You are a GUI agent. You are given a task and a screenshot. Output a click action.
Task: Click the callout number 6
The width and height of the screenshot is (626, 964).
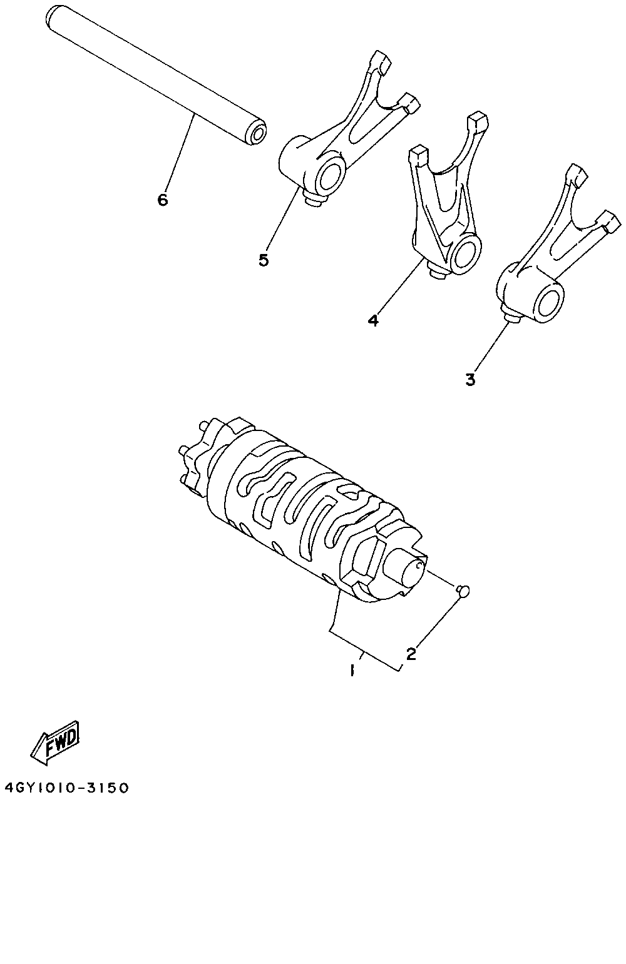click(163, 200)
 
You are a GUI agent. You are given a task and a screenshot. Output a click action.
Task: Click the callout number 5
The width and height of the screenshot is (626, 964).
click(264, 260)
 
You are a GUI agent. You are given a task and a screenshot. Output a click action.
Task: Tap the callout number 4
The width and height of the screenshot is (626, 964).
click(373, 320)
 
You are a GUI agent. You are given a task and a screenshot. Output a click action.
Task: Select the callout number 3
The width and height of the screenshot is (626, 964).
click(471, 379)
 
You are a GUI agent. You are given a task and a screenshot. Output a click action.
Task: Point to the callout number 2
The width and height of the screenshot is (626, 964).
click(411, 654)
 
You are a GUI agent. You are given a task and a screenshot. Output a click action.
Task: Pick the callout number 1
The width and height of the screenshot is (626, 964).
click(352, 671)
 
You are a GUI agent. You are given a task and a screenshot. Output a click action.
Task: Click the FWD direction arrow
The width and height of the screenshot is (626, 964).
click(56, 741)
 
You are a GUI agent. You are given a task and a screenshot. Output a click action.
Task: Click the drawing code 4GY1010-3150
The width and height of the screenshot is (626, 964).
click(66, 788)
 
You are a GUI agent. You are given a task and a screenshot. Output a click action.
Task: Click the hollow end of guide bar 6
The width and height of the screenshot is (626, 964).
click(255, 134)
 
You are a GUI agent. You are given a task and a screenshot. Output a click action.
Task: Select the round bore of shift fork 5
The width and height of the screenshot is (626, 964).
click(331, 177)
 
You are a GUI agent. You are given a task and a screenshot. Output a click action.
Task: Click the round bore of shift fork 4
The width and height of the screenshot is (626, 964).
click(465, 252)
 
